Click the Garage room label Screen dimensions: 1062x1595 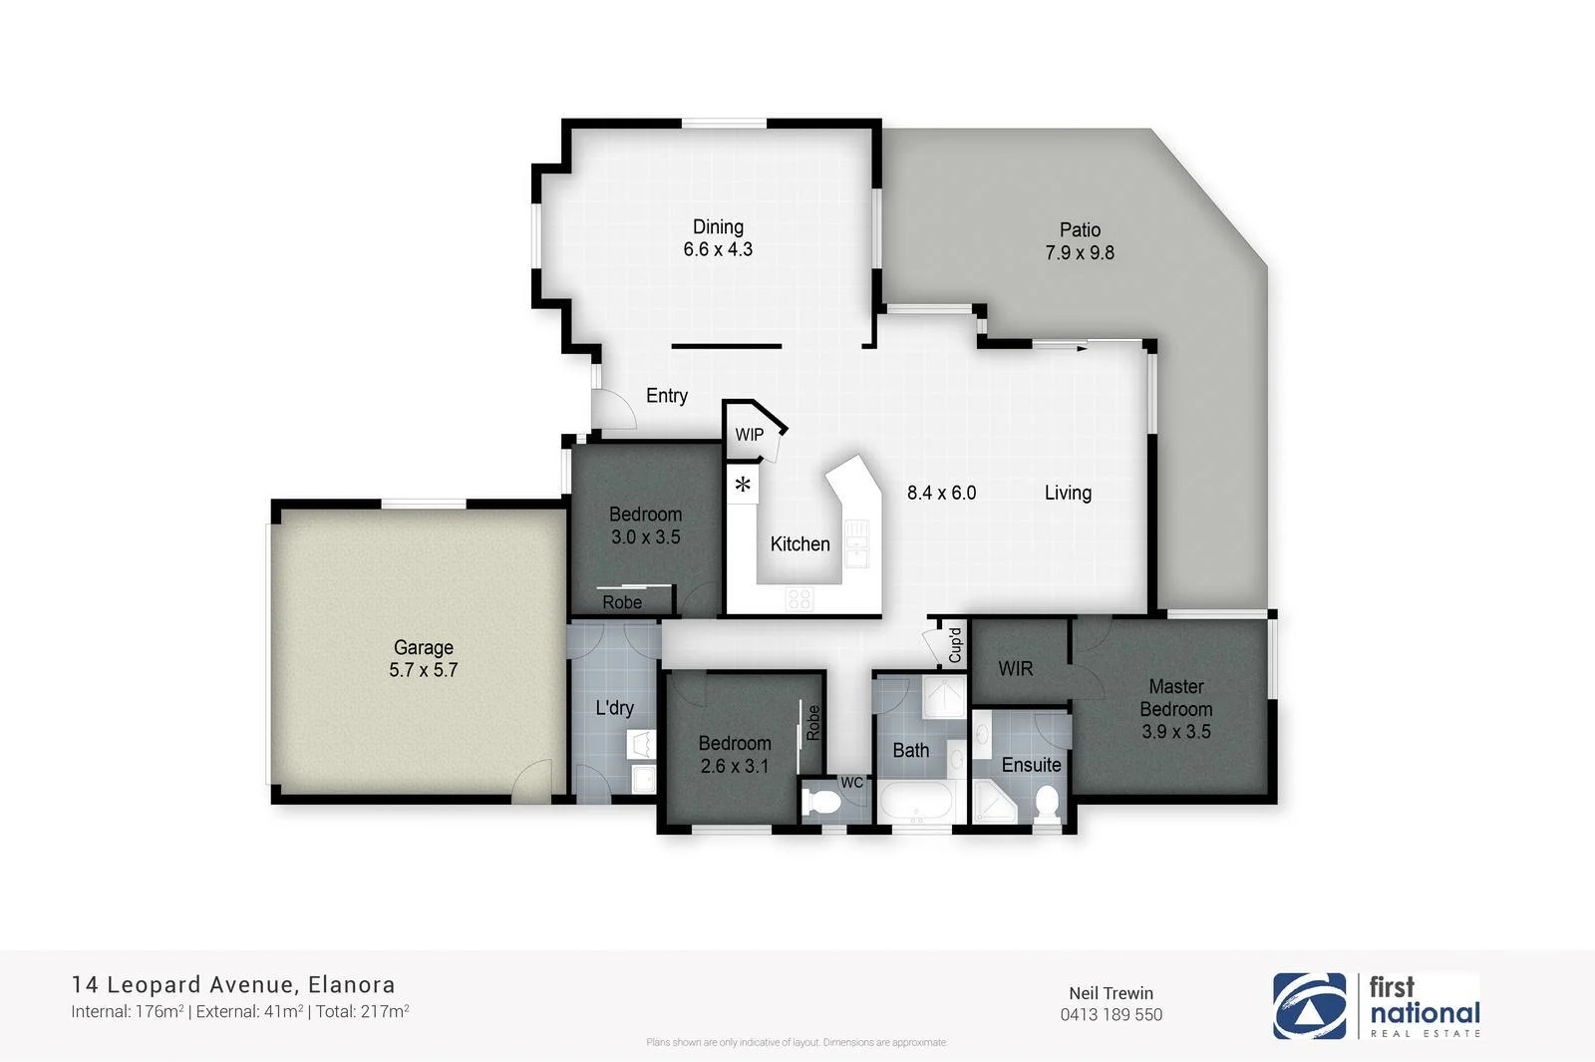click(423, 647)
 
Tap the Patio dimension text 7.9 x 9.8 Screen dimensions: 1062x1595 click(1080, 253)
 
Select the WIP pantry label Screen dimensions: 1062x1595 click(749, 435)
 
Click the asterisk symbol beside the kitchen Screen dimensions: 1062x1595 click(743, 487)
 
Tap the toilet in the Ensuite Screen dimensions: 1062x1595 click(1046, 800)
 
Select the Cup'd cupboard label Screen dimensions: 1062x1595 click(954, 645)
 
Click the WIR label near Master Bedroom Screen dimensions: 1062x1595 click(1015, 668)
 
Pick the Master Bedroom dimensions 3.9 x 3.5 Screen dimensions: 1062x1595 click(1175, 732)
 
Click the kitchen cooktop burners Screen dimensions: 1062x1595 click(798, 598)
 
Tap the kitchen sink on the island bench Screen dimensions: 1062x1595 click(857, 542)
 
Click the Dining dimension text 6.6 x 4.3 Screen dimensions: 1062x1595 click(718, 249)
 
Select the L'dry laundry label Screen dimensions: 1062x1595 click(614, 708)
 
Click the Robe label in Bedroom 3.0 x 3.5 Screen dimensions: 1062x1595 click(622, 602)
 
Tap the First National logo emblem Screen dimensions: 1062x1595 click(1308, 1006)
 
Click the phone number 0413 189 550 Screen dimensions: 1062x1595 click(1111, 1015)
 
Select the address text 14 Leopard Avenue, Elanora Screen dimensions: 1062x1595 click(233, 985)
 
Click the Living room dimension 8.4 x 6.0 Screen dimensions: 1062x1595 click(941, 493)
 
